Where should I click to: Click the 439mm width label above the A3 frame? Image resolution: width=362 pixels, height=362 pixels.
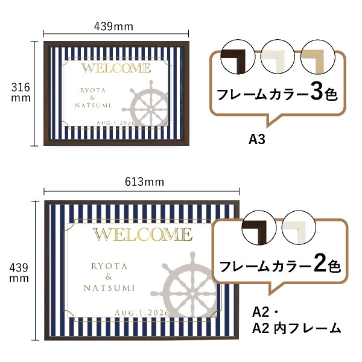click(x=114, y=26)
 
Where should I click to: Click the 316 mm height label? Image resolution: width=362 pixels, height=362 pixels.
click(x=21, y=93)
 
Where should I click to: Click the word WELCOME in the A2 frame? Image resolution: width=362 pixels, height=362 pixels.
click(x=142, y=235)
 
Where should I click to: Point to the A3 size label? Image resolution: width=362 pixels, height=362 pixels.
click(x=258, y=139)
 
